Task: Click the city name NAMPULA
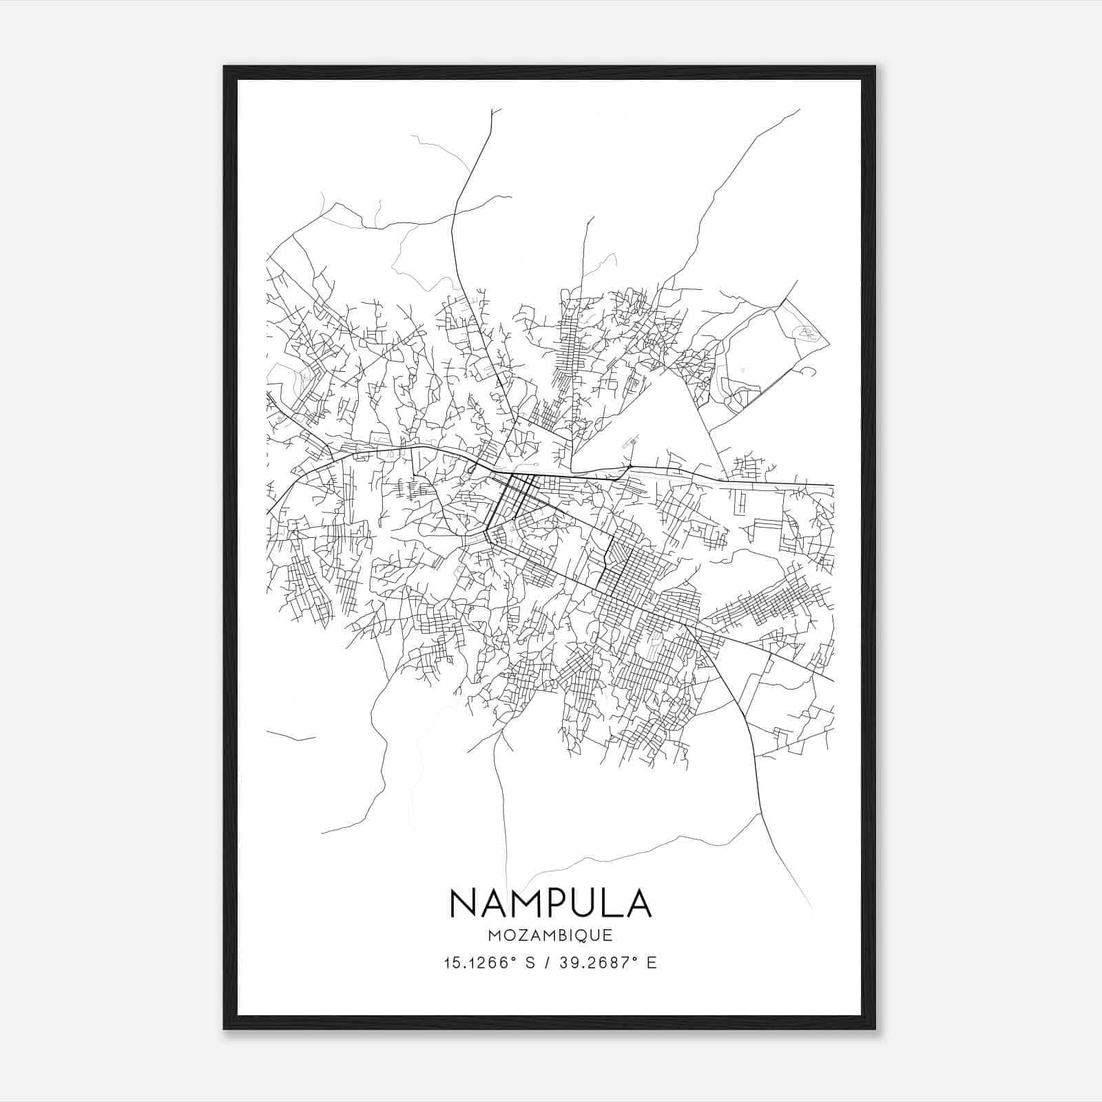pyautogui.click(x=550, y=903)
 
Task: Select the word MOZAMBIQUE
pyautogui.click(x=550, y=935)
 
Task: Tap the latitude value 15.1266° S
pyautogui.click(x=488, y=963)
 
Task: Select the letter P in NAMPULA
pyautogui.click(x=561, y=903)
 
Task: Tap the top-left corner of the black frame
pyautogui.click(x=225, y=67)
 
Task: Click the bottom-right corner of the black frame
pyautogui.click(x=875, y=1028)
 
